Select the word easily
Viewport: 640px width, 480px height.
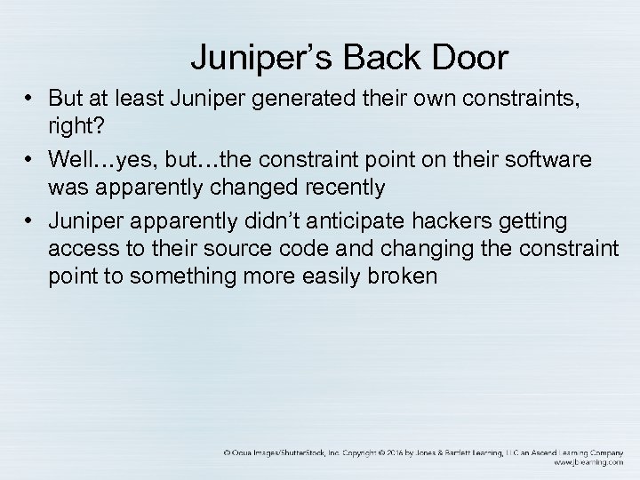[x=327, y=277]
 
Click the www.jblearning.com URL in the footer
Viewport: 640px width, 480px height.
[x=588, y=463]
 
